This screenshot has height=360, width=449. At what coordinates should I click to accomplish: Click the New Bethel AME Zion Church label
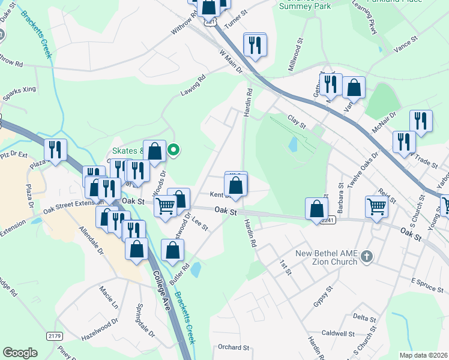click(326, 258)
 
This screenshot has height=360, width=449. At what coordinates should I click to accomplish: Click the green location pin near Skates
click(173, 150)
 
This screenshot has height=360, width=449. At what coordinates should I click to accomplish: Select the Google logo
click(20, 352)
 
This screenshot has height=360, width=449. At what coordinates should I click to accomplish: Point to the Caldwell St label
click(339, 333)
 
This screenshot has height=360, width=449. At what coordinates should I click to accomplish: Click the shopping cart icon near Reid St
click(376, 206)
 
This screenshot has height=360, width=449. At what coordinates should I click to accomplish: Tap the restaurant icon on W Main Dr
click(255, 44)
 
